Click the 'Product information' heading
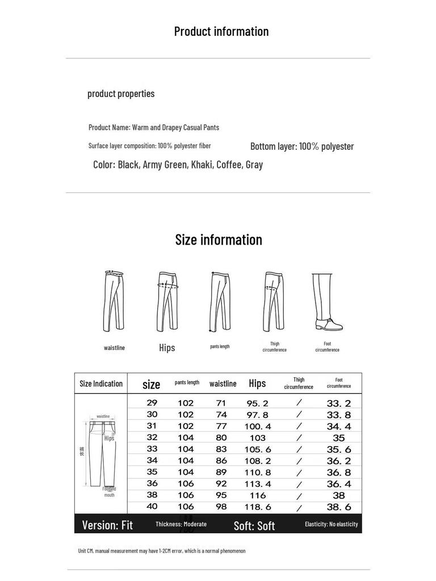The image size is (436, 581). pos(221,32)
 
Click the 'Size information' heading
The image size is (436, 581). pos(219,240)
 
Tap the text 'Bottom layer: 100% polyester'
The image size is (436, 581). pos(302,146)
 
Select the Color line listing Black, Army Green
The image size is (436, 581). pos(178,165)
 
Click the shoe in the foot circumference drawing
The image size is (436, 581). pos(329,325)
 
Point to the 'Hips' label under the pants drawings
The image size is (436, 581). pos(167,348)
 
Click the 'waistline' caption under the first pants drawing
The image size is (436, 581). pos(114,348)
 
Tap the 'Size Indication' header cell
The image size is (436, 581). pos(101,384)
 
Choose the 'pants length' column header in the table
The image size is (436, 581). pos(187,383)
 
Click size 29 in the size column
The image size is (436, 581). pos(152,403)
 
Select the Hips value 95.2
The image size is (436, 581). pos(257,403)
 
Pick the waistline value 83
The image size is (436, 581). pos(221,449)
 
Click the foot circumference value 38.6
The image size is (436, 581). pos(339,507)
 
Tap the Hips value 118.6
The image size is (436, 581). pos(258,507)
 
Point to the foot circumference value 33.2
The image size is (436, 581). pos(339,403)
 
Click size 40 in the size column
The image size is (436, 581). pos(152,507)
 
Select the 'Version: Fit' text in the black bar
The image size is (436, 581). pos(107,525)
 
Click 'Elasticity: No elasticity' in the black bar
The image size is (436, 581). pos(331,524)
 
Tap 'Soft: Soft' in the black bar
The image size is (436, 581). pos(254,525)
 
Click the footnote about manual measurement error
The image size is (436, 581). pos(162,551)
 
